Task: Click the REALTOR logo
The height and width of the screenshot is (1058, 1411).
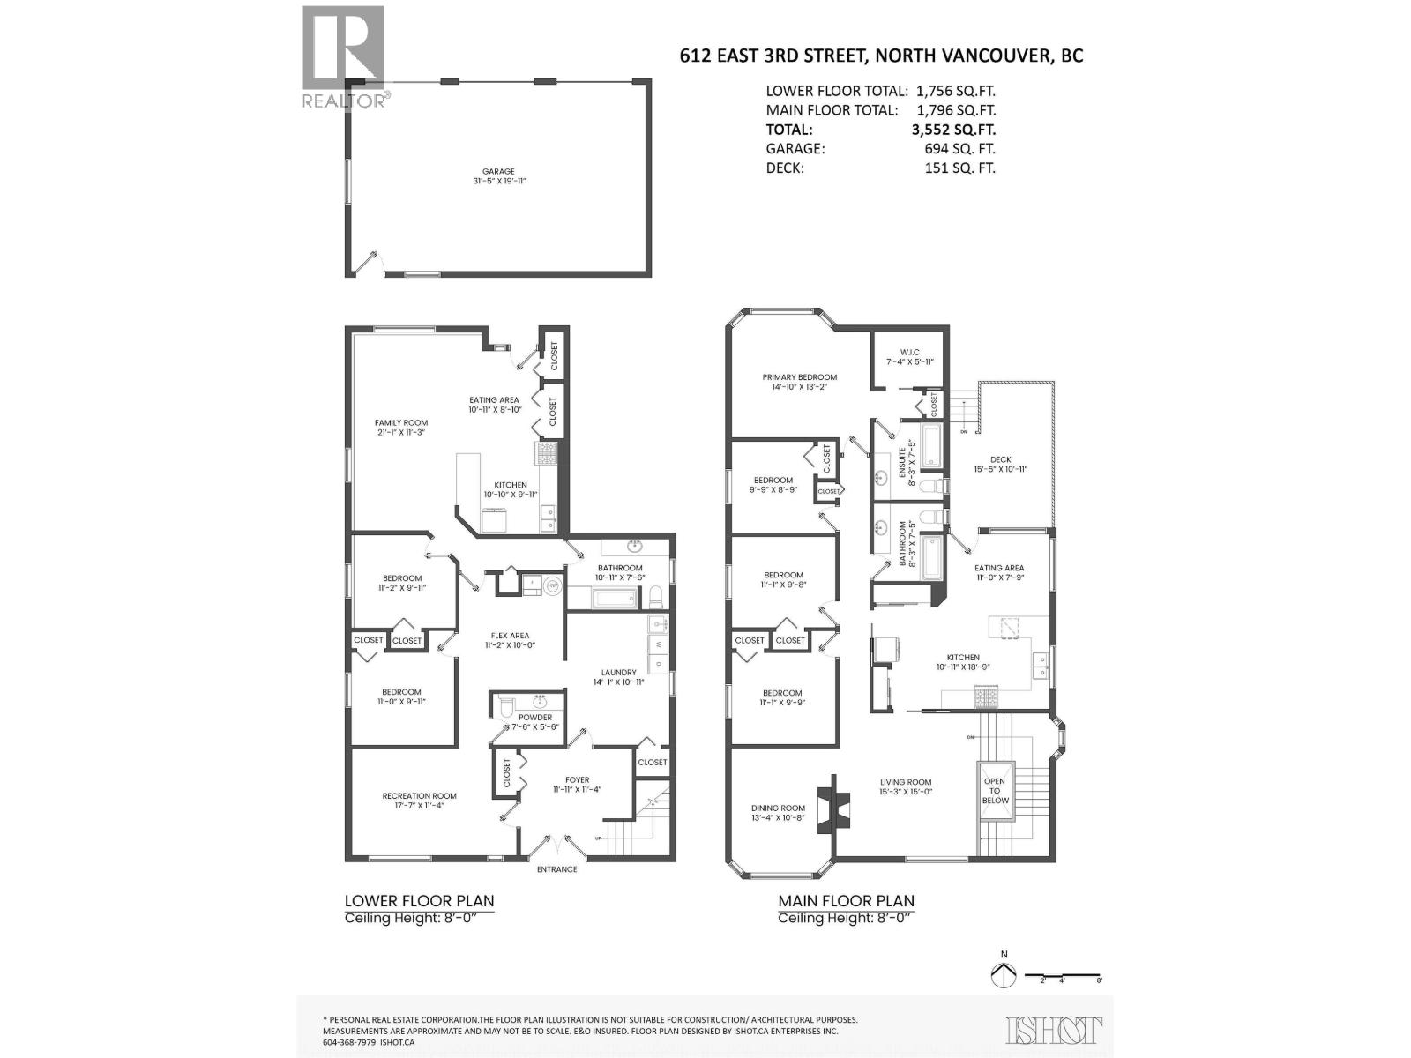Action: click(343, 56)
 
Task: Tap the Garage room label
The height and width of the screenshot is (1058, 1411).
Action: click(498, 176)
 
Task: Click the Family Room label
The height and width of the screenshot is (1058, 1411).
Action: click(401, 428)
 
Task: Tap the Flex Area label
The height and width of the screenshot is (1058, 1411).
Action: click(511, 640)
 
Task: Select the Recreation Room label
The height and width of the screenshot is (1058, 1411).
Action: click(419, 801)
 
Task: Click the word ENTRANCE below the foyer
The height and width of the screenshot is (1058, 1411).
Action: click(557, 869)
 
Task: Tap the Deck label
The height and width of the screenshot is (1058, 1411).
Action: click(1000, 465)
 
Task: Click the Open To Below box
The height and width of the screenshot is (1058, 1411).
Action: click(995, 791)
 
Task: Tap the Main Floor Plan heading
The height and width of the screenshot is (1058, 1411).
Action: click(846, 901)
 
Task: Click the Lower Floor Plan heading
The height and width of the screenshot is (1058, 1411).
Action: click(419, 901)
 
